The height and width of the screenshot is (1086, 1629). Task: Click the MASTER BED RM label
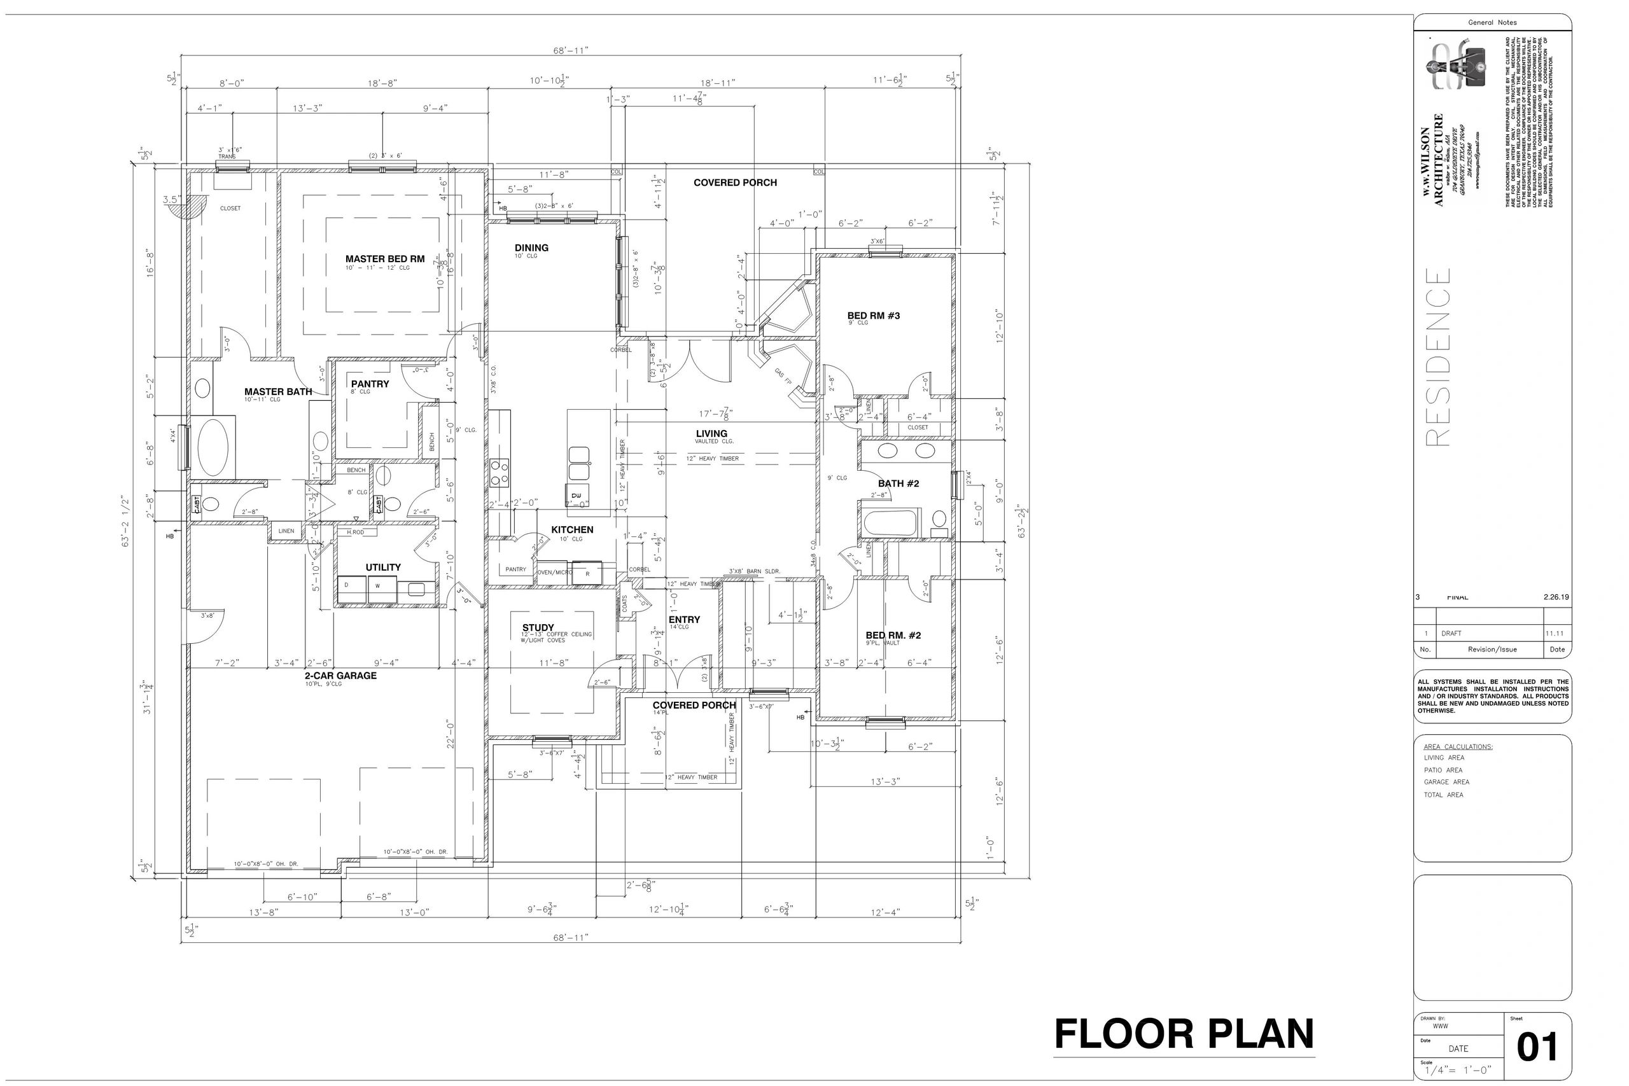(x=385, y=259)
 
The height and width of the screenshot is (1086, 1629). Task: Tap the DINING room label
(x=531, y=248)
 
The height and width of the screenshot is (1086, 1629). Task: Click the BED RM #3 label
(x=874, y=316)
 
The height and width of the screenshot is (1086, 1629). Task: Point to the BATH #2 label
(x=898, y=484)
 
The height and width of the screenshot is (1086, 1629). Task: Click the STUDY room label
(x=538, y=627)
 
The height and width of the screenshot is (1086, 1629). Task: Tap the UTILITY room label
(x=383, y=567)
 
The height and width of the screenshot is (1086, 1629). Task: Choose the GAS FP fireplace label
(x=783, y=376)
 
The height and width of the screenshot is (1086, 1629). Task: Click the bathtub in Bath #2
(x=890, y=523)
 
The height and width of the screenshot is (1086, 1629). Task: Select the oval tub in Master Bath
(x=213, y=447)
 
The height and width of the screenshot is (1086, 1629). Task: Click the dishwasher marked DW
(x=577, y=494)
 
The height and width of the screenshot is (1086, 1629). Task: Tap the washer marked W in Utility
(x=378, y=586)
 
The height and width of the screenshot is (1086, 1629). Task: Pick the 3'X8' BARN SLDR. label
(x=754, y=571)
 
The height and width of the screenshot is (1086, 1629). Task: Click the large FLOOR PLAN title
(x=1184, y=1034)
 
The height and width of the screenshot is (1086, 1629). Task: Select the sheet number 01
(x=1537, y=1047)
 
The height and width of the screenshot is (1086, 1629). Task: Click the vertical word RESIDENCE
(x=1438, y=357)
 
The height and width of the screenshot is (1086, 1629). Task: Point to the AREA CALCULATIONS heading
(x=1458, y=747)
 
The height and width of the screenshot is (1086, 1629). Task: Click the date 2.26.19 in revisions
(x=1556, y=597)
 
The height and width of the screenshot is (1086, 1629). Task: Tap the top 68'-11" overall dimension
(x=571, y=50)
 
